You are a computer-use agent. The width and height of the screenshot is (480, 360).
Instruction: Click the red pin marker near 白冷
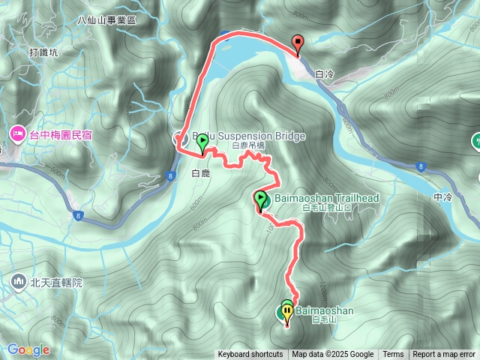pyautogui.click(x=298, y=44)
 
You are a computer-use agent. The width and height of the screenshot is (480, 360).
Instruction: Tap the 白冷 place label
pyautogui.click(x=325, y=74)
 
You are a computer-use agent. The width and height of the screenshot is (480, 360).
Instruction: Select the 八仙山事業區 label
pyautogui.click(x=107, y=20)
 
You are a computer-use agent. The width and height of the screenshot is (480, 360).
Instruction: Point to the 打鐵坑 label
pyautogui.click(x=43, y=52)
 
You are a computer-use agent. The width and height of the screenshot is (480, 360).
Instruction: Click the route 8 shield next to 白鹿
pyautogui.click(x=171, y=176)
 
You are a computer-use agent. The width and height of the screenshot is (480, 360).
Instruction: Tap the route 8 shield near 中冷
pyautogui.click(x=422, y=166)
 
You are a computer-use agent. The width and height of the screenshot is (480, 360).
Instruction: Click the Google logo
pyautogui.click(x=28, y=349)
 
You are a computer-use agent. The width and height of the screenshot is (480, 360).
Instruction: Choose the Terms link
pyautogui.click(x=393, y=355)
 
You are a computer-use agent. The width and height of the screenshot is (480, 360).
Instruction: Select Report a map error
pyautogui.click(x=444, y=355)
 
